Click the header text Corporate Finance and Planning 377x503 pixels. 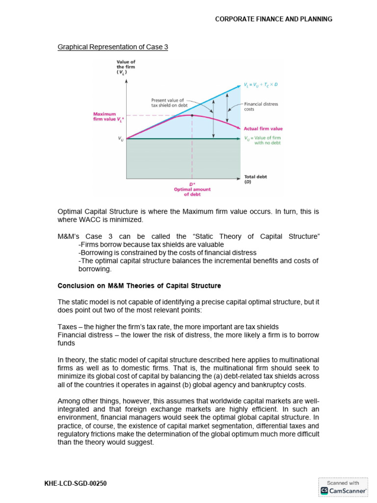(x=274, y=19)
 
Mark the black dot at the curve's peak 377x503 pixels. (x=191, y=115)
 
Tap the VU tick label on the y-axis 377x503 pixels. (x=121, y=139)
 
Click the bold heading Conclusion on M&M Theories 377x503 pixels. (x=139, y=285)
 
